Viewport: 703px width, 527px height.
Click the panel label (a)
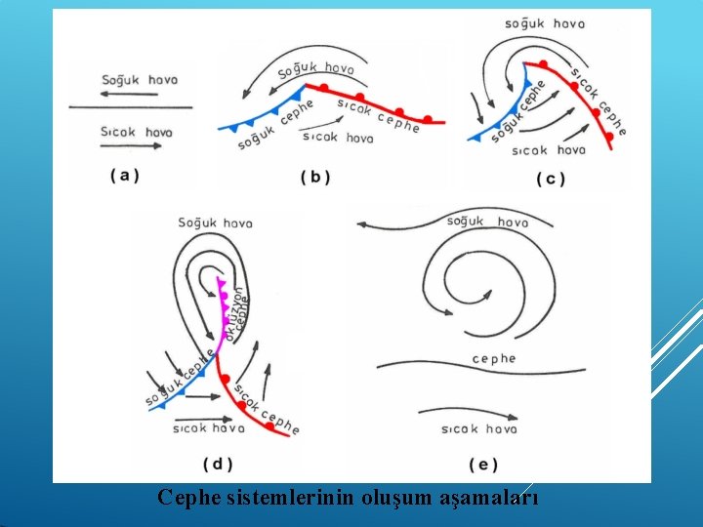[x=125, y=176]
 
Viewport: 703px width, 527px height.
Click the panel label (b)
[x=315, y=177]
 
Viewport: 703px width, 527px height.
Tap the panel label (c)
[x=551, y=179]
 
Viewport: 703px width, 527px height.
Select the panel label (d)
[x=218, y=464]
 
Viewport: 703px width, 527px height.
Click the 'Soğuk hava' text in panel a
[x=140, y=80]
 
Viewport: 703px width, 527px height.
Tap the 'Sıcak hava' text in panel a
[x=137, y=132]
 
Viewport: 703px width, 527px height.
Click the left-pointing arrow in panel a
[x=130, y=94]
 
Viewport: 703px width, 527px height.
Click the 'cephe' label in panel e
[x=493, y=359]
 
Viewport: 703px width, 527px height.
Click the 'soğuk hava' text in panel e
[x=487, y=222]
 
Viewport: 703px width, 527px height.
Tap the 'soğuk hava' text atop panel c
[x=545, y=23]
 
